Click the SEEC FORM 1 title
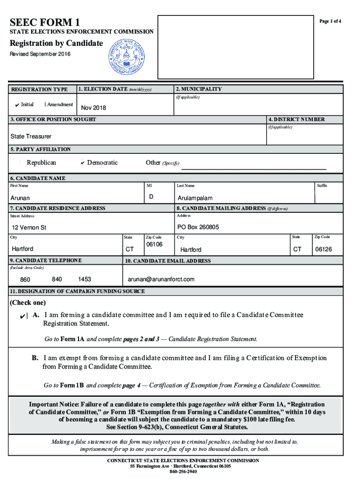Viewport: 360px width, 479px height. [45, 22]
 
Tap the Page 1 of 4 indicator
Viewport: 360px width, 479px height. [330, 22]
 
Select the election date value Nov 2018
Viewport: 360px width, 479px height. [94, 108]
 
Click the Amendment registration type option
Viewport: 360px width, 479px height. [59, 104]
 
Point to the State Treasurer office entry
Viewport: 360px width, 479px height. [31, 137]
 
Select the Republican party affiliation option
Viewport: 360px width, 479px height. [41, 163]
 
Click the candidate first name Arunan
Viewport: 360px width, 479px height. [20, 198]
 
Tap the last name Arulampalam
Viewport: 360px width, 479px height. [195, 198]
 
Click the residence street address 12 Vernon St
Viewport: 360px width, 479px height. [29, 228]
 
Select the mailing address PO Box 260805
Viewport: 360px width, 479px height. [198, 227]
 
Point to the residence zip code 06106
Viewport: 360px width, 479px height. [154, 245]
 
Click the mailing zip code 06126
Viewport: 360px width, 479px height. [324, 249]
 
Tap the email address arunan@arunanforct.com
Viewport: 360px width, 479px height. [161, 279]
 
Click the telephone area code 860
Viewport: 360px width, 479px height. [25, 280]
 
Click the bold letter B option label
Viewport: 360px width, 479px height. [35, 358]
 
